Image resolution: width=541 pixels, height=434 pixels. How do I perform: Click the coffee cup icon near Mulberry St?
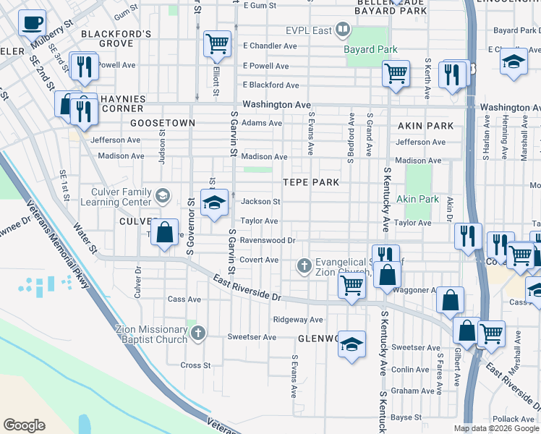[31, 23]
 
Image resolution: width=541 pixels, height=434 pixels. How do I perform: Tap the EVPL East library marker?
[344, 30]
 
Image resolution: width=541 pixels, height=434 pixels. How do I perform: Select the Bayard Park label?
[372, 49]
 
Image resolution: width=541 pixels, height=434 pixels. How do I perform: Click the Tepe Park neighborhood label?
[311, 182]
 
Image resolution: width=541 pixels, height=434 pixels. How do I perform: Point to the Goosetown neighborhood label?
[163, 123]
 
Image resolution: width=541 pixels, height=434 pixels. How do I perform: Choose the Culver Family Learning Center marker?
[163, 195]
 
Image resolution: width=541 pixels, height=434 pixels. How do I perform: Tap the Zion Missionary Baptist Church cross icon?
[199, 333]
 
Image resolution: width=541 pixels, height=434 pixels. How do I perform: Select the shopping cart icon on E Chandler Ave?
[217, 44]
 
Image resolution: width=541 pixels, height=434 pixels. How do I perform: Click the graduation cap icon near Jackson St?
[215, 203]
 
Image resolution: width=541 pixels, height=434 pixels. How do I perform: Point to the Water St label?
[85, 237]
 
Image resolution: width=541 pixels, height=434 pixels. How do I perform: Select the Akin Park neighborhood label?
[426, 125]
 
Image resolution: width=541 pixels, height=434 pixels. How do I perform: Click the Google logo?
[25, 425]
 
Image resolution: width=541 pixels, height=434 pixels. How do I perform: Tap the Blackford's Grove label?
[116, 38]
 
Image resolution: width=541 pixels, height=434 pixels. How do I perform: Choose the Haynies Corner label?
[122, 103]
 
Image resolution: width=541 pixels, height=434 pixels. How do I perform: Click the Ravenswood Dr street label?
[268, 240]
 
